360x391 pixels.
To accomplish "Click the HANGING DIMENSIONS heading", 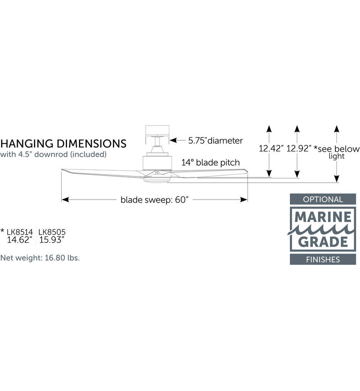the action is point(63,144).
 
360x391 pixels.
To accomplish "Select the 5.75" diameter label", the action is point(215,141).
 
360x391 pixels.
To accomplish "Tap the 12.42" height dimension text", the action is point(271,149).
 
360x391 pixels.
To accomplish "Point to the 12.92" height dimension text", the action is point(299,149).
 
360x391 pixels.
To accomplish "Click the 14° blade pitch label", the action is point(210,163).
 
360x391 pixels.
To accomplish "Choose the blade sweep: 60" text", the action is point(155,200).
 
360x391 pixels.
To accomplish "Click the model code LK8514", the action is point(20,232).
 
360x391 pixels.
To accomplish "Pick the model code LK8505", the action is point(52,232).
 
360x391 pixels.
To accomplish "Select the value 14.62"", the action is point(20,240).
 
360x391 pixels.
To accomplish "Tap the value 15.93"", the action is point(52,240).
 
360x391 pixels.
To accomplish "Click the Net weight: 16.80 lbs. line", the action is point(40,258).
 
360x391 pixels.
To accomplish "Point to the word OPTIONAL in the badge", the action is point(323,200).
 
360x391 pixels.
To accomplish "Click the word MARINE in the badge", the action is point(323,217).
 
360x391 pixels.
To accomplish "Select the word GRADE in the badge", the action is point(323,242).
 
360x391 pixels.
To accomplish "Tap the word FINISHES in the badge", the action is point(323,260).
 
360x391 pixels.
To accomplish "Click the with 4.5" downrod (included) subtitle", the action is point(54,154).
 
